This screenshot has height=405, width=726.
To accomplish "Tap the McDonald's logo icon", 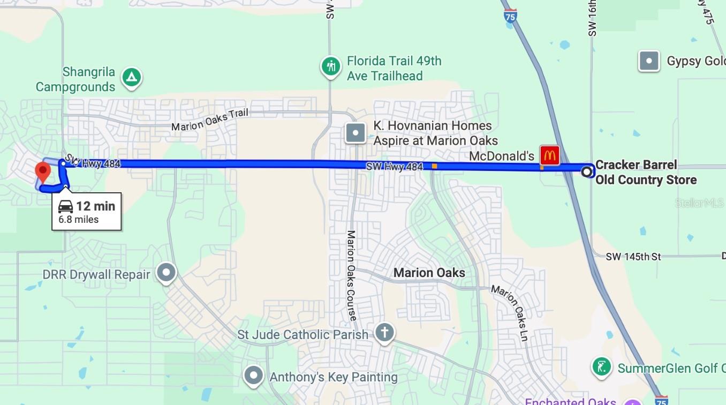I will click(x=549, y=155).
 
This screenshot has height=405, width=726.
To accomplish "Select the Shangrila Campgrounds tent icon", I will click(x=131, y=78).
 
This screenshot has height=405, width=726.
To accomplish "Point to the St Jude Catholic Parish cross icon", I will click(x=384, y=332).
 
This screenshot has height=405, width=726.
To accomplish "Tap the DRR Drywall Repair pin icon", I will click(x=167, y=273).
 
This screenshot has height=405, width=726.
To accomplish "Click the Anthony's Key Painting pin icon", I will click(x=253, y=376).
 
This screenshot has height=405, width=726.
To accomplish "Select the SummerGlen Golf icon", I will click(x=602, y=367).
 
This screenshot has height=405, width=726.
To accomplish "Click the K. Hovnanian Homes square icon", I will click(x=356, y=132).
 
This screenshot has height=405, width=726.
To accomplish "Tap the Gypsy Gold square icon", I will click(x=649, y=61).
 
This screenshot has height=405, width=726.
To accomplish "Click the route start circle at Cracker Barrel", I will click(x=587, y=171).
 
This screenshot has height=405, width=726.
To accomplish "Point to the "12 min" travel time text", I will click(x=95, y=206).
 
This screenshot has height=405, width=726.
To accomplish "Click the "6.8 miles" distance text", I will click(x=79, y=219).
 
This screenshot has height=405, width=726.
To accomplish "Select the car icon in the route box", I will click(x=65, y=206).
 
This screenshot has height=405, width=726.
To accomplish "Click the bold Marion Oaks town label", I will click(x=429, y=273).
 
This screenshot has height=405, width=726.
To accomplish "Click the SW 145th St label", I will click(x=633, y=257).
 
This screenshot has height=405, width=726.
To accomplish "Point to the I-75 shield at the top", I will click(x=510, y=15).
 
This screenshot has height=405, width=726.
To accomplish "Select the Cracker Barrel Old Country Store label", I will click(x=646, y=172).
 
